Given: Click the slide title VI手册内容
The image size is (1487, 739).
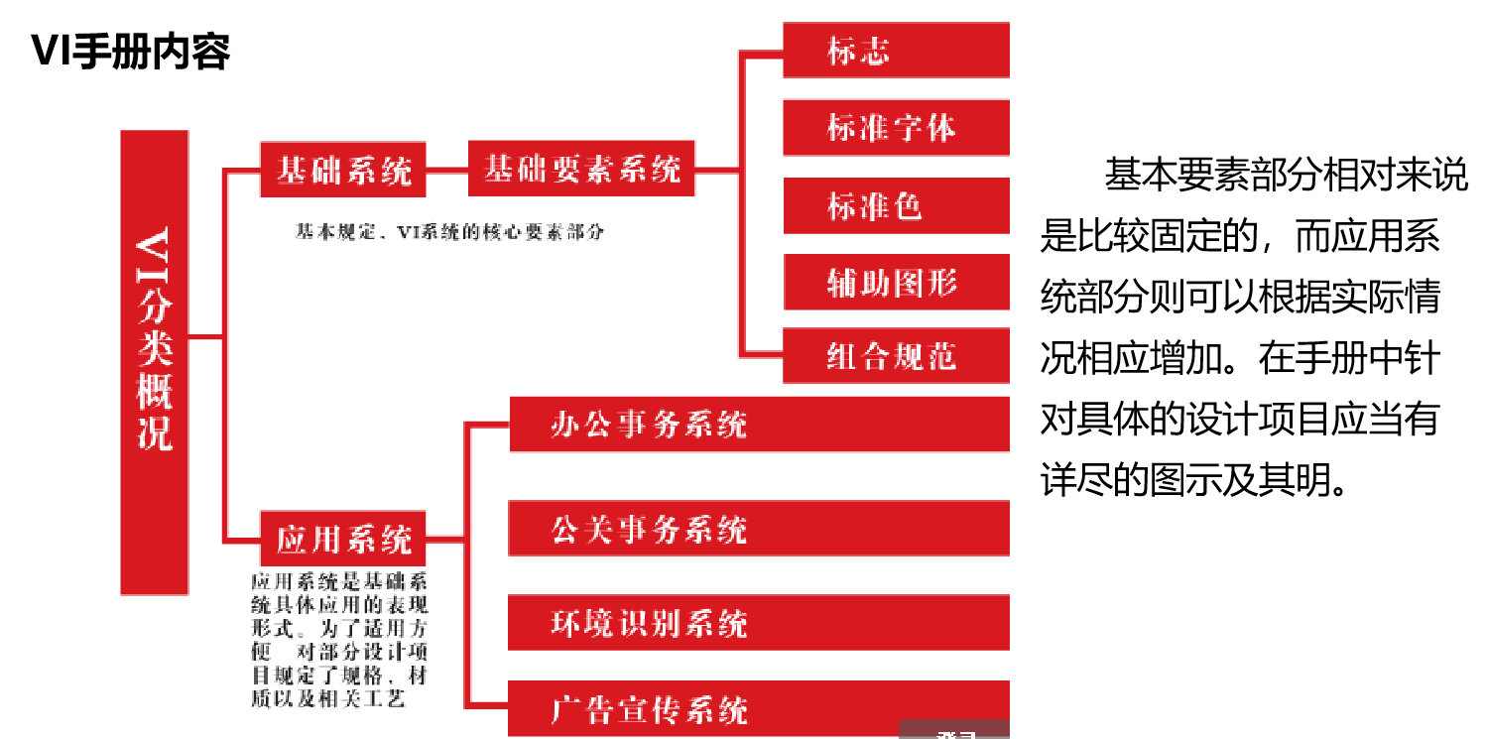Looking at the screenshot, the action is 131,51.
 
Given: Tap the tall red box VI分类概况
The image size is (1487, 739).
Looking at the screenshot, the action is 154,362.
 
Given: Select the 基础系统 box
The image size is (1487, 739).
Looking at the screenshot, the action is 343,170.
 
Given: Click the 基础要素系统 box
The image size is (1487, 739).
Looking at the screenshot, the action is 581,169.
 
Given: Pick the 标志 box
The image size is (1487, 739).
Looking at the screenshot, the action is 896,51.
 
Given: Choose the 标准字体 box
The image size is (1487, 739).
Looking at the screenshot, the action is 896,128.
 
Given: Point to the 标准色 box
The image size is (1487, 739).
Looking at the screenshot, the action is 896,205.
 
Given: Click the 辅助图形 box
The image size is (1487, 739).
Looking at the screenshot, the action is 896,283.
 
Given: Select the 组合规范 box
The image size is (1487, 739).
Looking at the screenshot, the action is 896,355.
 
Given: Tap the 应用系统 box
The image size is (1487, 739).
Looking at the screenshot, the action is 343,539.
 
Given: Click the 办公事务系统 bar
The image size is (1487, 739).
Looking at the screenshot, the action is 759,425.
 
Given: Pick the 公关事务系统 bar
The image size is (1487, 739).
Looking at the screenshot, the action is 759,529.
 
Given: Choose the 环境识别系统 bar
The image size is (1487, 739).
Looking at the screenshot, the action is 759,623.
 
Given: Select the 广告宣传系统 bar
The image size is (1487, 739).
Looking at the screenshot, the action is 759,708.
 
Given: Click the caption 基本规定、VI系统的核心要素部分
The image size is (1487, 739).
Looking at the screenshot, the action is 449,233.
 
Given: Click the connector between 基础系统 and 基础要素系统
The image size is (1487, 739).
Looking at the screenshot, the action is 446,170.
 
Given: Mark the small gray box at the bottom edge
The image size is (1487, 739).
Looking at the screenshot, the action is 954,731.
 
